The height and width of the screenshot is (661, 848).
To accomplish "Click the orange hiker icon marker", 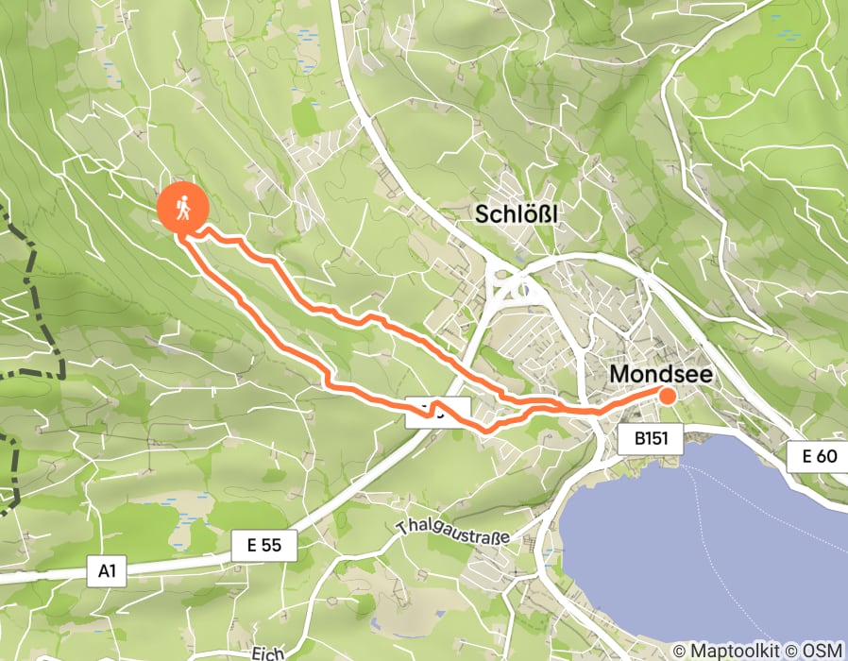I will pyautogui.click(x=184, y=207).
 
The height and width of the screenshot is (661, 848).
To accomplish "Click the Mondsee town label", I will pyautogui.click(x=660, y=374).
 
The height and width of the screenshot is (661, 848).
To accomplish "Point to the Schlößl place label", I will pyautogui.click(x=517, y=214).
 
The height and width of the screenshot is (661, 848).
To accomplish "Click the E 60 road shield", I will pyautogui.click(x=818, y=457).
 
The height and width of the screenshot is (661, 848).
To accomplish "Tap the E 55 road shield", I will pyautogui.click(x=264, y=545).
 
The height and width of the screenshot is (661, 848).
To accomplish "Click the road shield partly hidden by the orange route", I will pyautogui.click(x=438, y=412).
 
